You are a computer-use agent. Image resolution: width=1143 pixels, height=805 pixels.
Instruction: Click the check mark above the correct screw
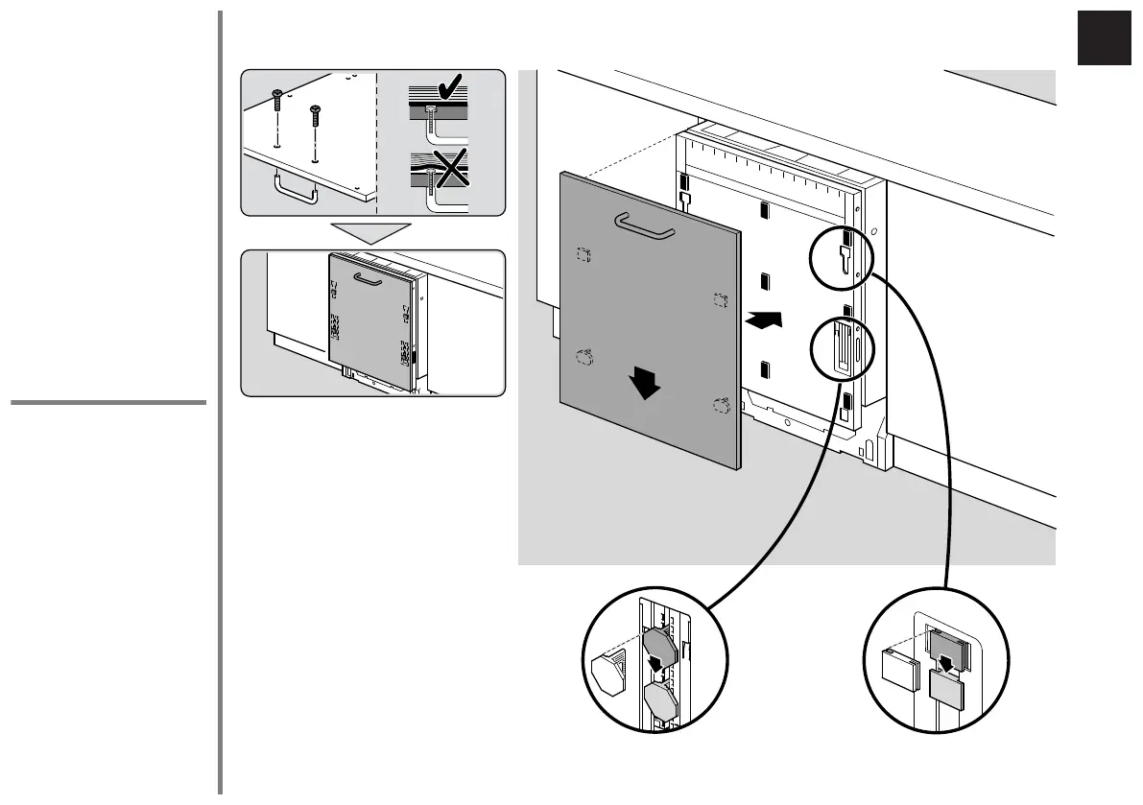point(447,94)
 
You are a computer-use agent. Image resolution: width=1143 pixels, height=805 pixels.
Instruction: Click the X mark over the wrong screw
point(445,169)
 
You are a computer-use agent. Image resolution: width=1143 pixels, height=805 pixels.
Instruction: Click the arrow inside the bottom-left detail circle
point(657,662)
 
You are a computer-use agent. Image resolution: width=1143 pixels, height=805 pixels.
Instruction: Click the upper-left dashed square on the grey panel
point(583,253)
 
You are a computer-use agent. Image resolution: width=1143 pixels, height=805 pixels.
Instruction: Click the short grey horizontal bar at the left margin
point(108,403)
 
